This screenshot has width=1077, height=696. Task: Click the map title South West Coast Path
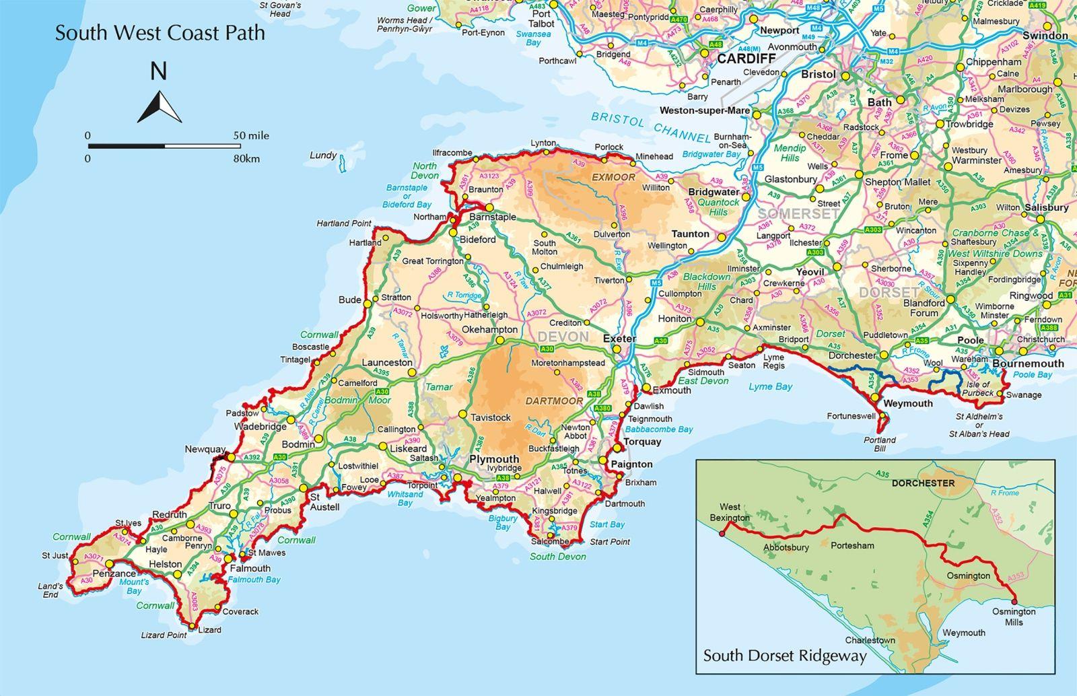pyautogui.click(x=160, y=33)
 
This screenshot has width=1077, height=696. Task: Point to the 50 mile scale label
pyautogui.click(x=251, y=135)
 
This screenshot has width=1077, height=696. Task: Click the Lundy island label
pyautogui.click(x=323, y=155)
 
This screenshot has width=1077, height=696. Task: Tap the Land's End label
pyautogui.click(x=50, y=590)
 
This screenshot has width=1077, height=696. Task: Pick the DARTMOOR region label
pyautogui.click(x=554, y=401)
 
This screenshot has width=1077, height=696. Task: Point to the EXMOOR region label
pyautogui.click(x=613, y=177)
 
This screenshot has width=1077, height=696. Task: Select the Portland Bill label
pyautogui.click(x=880, y=444)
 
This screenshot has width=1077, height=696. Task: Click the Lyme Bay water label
pyautogui.click(x=770, y=387)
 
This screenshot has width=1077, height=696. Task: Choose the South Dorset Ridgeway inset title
pyautogui.click(x=785, y=656)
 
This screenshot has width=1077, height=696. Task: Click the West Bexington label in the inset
pyautogui.click(x=730, y=512)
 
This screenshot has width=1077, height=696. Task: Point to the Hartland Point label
pyautogui.click(x=343, y=223)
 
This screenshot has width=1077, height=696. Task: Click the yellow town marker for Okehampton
pyautogui.click(x=500, y=341)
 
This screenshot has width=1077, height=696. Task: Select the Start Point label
pyautogui.click(x=611, y=541)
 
